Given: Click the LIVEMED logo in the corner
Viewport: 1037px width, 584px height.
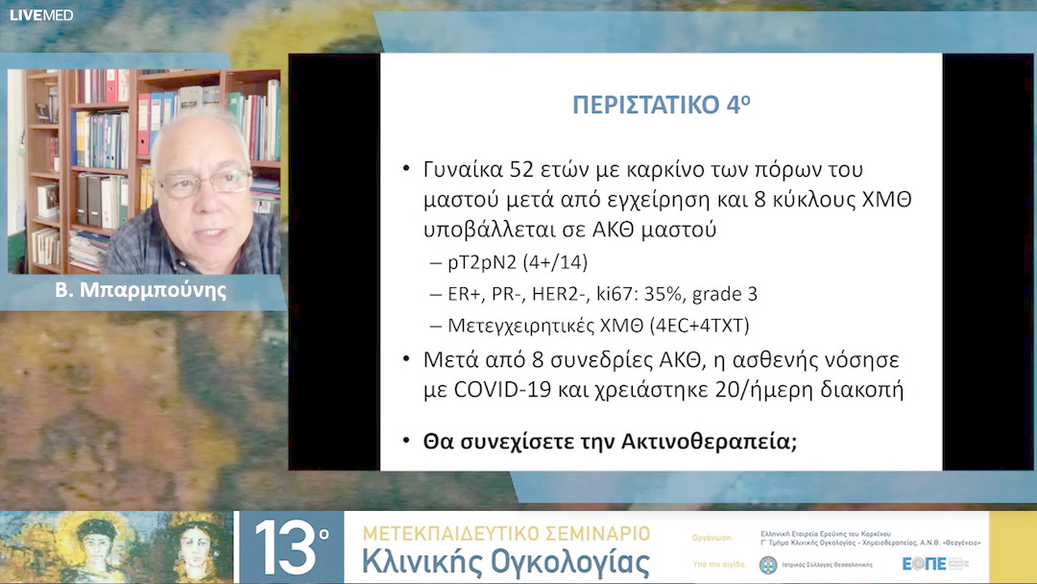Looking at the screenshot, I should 41,14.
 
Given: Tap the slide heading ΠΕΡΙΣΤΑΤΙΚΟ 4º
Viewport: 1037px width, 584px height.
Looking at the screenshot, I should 662,105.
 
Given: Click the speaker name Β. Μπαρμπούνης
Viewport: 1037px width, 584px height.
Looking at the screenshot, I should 140,289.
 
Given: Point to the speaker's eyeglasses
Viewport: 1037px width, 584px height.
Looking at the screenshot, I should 204,181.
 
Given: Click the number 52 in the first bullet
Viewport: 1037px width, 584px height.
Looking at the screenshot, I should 526,170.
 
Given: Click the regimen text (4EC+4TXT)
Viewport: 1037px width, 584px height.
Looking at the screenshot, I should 700,326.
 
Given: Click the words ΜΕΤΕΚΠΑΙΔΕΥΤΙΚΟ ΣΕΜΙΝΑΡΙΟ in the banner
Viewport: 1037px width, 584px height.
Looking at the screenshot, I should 505,533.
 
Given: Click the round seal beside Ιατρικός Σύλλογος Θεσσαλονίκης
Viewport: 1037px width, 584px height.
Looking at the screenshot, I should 768,565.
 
